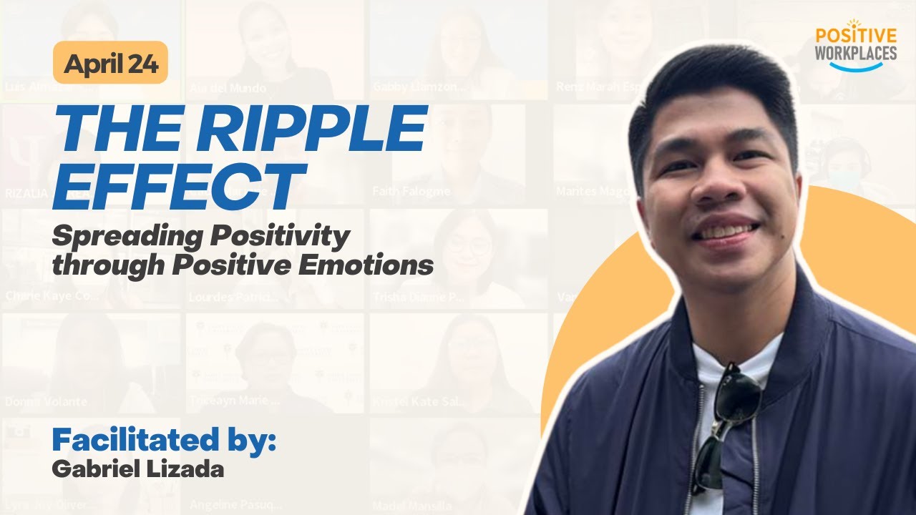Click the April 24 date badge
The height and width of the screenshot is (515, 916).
(110, 63)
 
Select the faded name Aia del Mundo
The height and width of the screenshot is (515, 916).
(228, 88)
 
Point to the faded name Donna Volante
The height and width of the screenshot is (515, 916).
(46, 402)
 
